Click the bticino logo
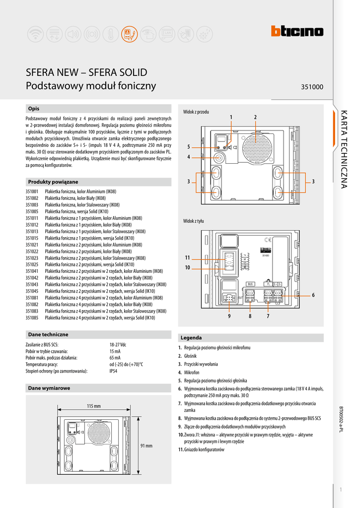(297, 32)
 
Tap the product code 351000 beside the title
(312, 87)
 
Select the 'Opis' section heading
(34, 108)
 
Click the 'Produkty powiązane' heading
(53, 182)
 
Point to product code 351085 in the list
(32, 317)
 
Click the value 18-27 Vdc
(118, 344)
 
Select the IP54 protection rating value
(113, 371)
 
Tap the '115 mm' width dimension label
(93, 406)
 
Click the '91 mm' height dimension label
(146, 445)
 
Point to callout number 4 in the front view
(189, 157)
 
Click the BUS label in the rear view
(251, 284)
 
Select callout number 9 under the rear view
(229, 316)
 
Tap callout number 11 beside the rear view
(188, 257)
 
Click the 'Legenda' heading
(191, 338)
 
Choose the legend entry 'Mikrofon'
(191, 372)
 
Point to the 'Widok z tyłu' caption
(194, 221)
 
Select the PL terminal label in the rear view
(268, 284)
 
